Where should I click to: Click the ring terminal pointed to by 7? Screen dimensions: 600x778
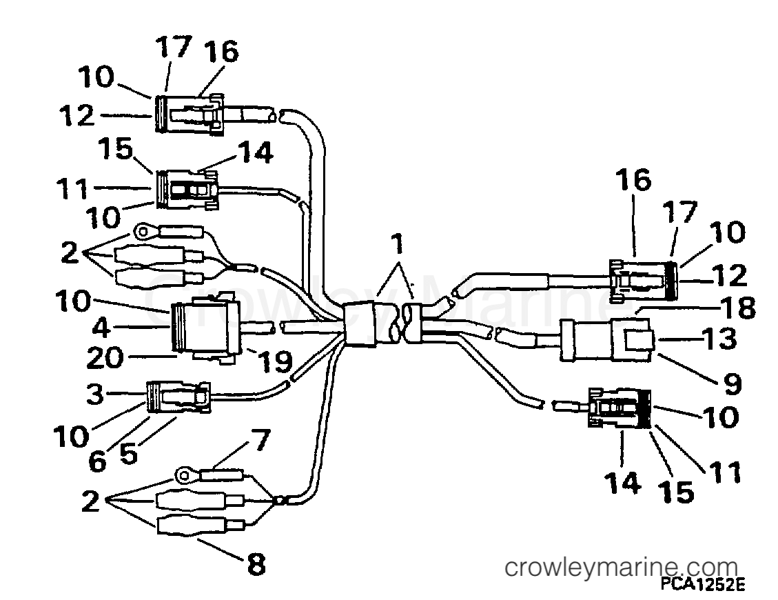[x=184, y=474]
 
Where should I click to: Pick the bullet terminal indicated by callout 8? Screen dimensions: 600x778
[x=188, y=526]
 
